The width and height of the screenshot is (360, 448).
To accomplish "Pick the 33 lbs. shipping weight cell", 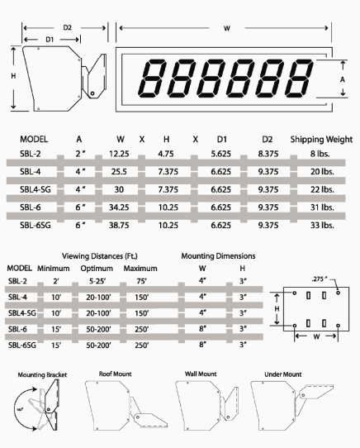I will (322, 225).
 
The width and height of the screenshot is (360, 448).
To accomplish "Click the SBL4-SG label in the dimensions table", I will (36, 190).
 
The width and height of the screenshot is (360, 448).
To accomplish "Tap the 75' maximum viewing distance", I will (136, 281).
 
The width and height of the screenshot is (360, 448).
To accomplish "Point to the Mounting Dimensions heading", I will (220, 256).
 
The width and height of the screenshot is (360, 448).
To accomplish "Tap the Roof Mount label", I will (116, 374).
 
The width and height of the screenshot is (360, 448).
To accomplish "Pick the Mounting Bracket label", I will (42, 375).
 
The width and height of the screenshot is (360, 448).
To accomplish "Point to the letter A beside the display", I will (343, 79).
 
